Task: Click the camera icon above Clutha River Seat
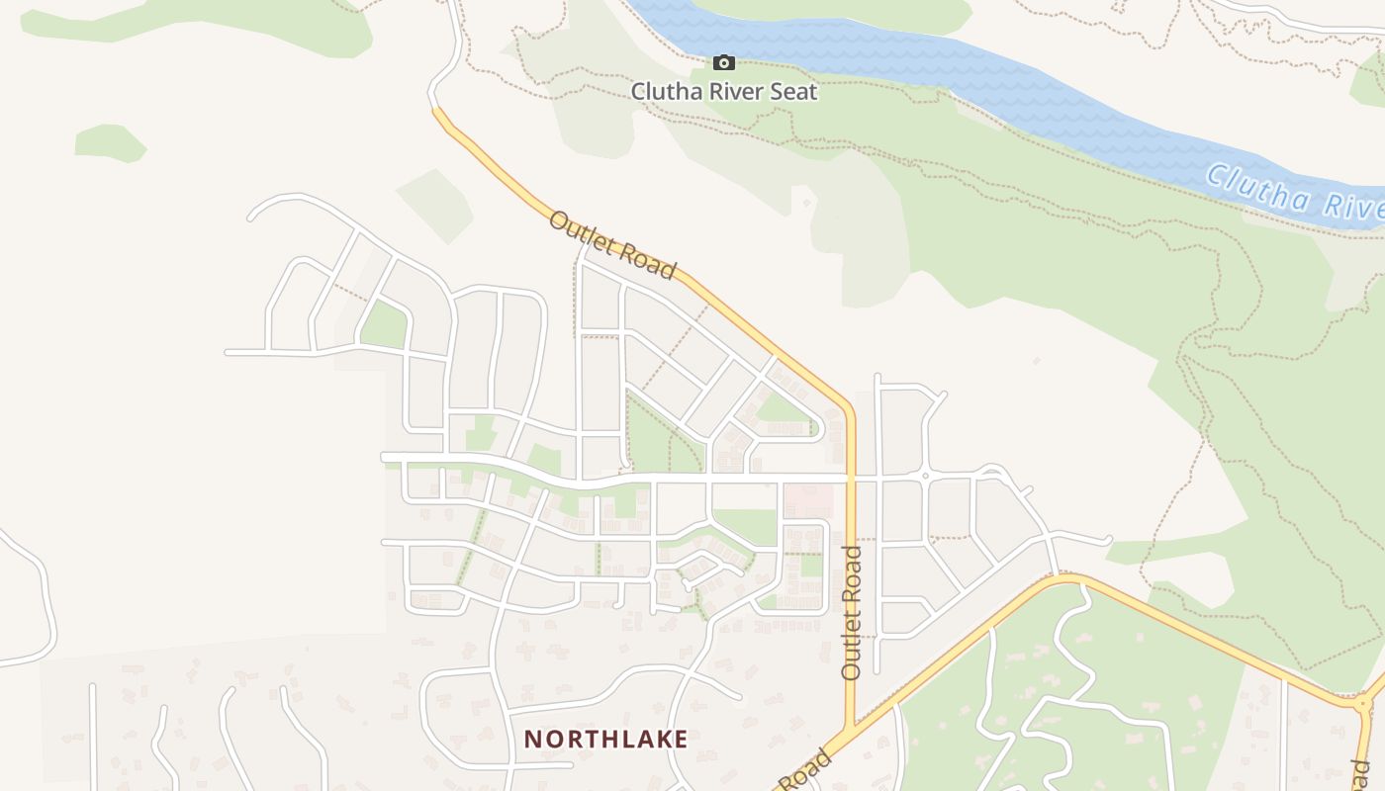pos(724,63)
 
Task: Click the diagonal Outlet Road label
pos(613,244)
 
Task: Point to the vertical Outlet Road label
pos(852,612)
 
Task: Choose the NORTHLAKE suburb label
pos(605,739)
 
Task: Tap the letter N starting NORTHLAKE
pos(532,739)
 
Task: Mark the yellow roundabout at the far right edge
pos(1363,703)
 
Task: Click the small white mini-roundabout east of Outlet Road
pos(925,477)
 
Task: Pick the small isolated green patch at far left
pos(109,142)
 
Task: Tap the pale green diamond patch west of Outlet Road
pos(435,205)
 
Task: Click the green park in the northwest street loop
pos(384,325)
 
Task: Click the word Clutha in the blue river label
pos(1249,185)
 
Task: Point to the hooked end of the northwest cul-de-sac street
pos(255,213)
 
